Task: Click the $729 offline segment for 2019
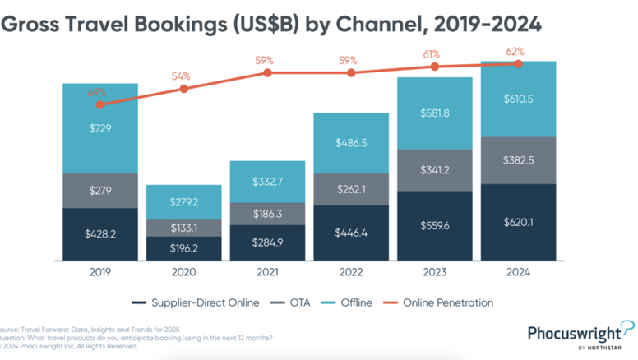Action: (99, 129)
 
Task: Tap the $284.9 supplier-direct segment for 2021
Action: (266, 243)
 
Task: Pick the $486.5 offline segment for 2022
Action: (351, 143)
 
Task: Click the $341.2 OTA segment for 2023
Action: (434, 171)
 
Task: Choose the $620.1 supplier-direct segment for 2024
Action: (519, 222)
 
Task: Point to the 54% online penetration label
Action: (181, 76)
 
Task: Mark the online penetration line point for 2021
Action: (266, 72)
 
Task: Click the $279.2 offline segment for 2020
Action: (183, 201)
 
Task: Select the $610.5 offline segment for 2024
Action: (519, 99)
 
